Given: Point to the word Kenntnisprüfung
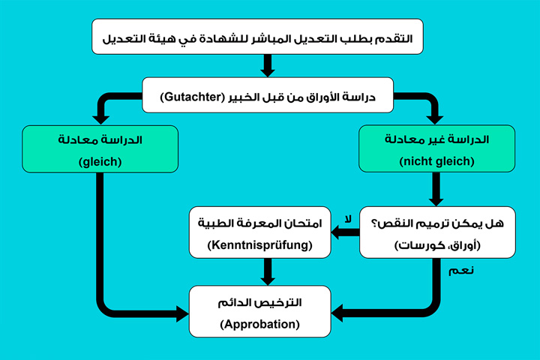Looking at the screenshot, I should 259,245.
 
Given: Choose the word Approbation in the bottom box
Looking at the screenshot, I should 259,324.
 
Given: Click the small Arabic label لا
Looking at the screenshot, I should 346,219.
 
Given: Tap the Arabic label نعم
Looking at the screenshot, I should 463,270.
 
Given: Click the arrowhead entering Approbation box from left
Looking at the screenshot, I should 181,312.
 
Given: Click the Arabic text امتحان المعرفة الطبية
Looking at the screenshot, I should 259,223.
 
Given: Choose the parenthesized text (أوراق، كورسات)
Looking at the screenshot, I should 437,245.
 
